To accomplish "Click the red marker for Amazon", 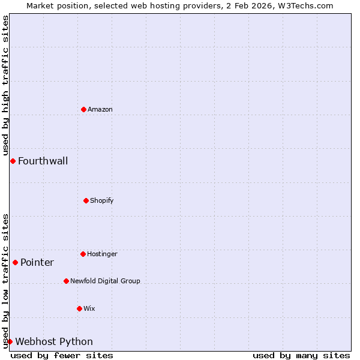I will click(83, 109).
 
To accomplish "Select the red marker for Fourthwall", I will click(13, 161).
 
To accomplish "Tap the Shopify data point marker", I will click(86, 200).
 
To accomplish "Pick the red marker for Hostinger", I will click(83, 254).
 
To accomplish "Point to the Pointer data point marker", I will click(15, 262).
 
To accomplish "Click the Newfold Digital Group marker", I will click(66, 281).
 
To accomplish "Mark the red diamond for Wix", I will click(79, 308).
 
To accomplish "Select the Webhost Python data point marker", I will click(10, 341).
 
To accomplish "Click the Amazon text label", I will click(100, 109).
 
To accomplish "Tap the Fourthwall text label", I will click(43, 161).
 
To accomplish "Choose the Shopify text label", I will click(102, 200).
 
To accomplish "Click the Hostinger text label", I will click(102, 254).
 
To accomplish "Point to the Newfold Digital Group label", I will click(105, 281).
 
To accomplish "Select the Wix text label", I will click(89, 308).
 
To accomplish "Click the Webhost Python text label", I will click(54, 341).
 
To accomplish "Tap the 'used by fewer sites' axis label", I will click(62, 355).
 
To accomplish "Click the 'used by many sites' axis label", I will click(301, 355).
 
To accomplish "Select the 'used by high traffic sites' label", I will click(5, 85).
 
